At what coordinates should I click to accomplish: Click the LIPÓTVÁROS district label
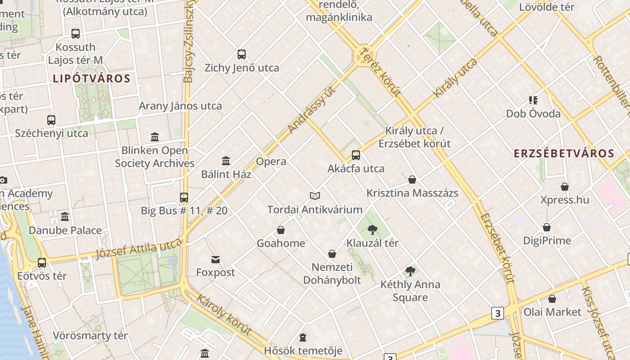click(x=91, y=79)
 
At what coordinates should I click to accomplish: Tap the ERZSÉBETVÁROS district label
click(x=564, y=153)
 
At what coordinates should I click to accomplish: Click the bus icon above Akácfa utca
click(x=356, y=155)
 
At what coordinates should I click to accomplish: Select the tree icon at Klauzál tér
click(x=372, y=230)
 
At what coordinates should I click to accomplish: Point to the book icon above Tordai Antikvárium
click(x=315, y=196)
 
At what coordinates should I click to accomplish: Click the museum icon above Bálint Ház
click(x=226, y=161)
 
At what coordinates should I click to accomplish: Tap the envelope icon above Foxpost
click(x=216, y=260)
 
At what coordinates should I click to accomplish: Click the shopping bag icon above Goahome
click(x=281, y=230)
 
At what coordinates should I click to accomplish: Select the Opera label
click(x=271, y=162)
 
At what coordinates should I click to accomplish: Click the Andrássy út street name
click(x=312, y=109)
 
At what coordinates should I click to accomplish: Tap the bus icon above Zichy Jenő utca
click(x=242, y=54)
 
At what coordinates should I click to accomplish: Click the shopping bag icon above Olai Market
click(x=552, y=299)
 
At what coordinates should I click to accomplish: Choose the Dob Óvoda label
click(x=533, y=113)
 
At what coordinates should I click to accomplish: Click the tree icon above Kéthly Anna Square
click(x=410, y=271)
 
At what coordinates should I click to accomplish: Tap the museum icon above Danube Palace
click(x=65, y=217)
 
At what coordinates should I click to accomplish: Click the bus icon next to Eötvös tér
click(x=42, y=262)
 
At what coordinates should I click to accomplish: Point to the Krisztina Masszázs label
click(x=412, y=193)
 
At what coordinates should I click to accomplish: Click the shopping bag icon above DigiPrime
click(x=547, y=227)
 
